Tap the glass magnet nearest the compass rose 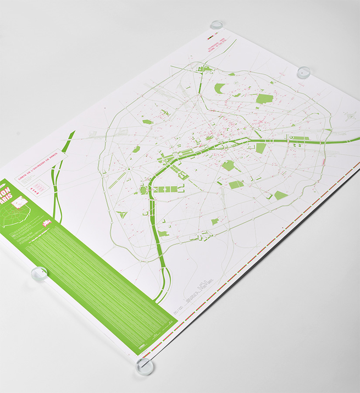click(x=303, y=72)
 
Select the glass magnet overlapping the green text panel click(x=40, y=273)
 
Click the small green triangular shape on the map click(x=123, y=214)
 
